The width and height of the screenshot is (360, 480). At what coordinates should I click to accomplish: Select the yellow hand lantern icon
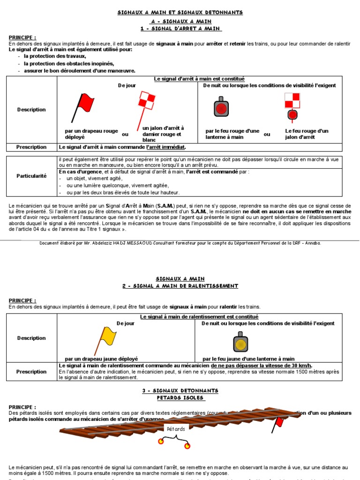point(240,342)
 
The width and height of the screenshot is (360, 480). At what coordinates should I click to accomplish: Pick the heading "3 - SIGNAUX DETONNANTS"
point(180,390)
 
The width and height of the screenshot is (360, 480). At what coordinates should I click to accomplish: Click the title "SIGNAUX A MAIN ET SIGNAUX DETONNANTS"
point(180,12)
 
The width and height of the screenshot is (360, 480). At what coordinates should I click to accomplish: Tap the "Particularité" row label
point(31,176)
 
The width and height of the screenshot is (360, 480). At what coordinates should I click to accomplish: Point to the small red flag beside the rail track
point(279,422)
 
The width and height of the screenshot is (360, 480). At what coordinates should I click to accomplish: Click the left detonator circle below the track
point(161,441)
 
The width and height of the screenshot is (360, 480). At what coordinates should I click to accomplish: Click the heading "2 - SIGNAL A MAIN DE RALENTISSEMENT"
point(180,286)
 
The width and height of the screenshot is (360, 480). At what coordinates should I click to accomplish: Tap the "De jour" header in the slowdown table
point(126,323)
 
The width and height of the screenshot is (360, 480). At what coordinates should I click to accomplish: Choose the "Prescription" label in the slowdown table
point(31,372)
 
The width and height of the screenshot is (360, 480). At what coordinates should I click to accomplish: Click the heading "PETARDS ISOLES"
point(180,398)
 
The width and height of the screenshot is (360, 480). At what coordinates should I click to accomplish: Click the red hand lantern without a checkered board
point(220,107)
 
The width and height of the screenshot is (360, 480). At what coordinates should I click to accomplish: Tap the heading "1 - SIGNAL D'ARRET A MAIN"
point(180,29)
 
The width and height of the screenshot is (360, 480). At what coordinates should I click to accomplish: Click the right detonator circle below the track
point(187,446)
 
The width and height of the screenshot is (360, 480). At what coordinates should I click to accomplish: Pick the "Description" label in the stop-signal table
point(31,110)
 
